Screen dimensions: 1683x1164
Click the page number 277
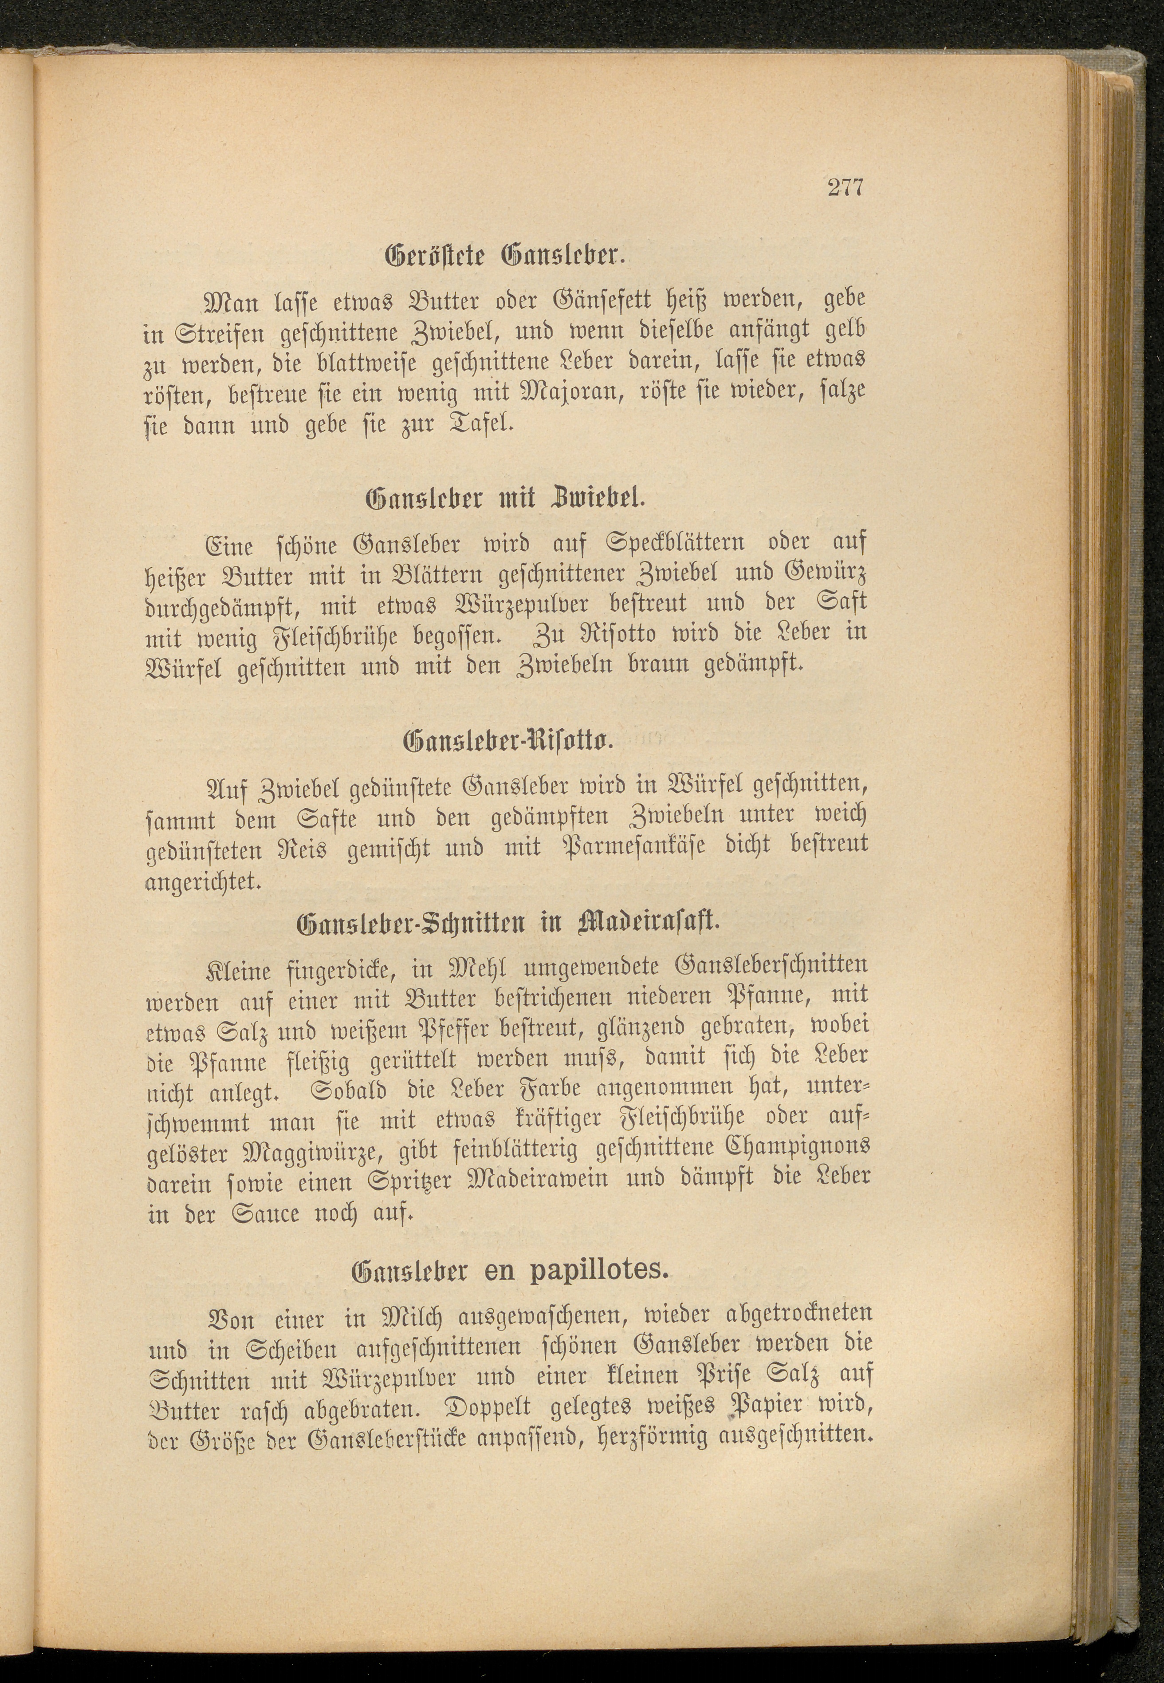coord(845,188)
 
